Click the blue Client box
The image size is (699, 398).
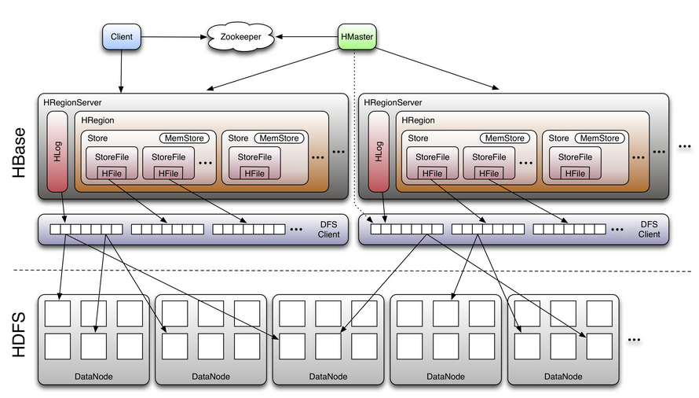122,36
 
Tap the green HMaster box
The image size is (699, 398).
356,36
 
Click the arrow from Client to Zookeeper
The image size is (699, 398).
173,36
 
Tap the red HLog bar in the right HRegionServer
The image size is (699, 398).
379,152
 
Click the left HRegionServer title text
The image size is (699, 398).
73,102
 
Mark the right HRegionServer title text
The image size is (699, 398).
393,102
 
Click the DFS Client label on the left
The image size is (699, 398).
329,229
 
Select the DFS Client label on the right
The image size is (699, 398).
649,229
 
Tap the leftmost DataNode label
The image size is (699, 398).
93,376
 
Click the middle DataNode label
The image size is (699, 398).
328,376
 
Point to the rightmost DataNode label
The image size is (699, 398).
563,376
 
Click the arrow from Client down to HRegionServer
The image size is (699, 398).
122,71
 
